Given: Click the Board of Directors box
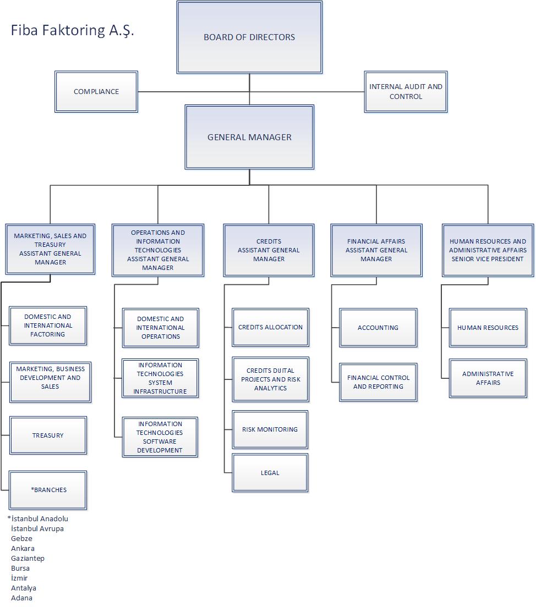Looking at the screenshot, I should coord(249,37).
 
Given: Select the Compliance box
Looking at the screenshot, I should coord(96,92).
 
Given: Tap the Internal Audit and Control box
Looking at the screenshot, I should coord(406,92).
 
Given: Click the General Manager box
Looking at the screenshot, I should coord(249,137).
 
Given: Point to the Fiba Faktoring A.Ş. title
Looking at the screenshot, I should coord(72,30).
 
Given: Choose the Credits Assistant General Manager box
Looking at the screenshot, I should coord(269,250).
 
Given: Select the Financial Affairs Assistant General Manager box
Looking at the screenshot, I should coord(376,250).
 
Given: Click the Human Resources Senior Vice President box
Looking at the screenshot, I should coord(488,250).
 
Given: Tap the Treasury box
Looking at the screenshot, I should coord(48,435).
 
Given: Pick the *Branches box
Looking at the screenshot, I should coord(48,490).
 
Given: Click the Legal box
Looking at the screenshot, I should coord(270,473).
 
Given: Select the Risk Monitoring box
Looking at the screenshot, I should coord(270,429).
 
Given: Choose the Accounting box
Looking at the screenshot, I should coord(378,328).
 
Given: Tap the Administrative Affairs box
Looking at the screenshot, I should coord(488,378).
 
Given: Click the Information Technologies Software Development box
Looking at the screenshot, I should coord(160,437).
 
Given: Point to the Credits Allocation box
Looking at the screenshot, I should coord(270,327).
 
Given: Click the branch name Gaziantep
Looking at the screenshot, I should coord(28,558).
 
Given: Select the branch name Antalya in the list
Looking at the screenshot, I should coord(24,588).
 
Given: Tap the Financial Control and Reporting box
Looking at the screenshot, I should coord(378,382).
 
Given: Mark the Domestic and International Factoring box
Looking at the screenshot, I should coord(48,325).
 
